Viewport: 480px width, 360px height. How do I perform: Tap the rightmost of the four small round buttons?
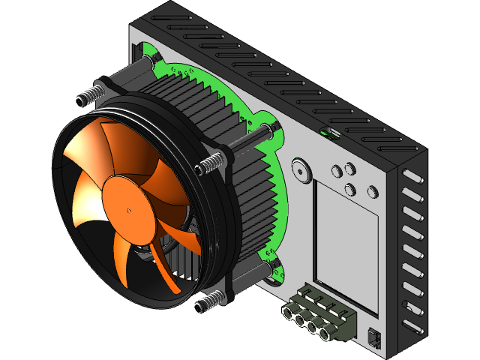tap(372, 192)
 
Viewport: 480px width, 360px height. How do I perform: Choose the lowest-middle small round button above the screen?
tap(350, 190)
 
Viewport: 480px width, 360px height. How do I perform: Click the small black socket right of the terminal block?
tap(374, 337)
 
